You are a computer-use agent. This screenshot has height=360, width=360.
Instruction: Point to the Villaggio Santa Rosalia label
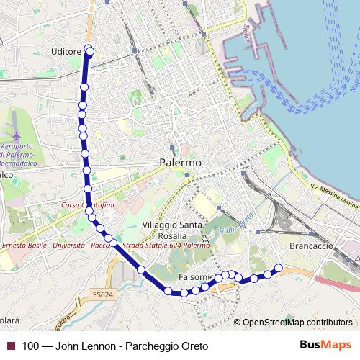[x=173, y=230]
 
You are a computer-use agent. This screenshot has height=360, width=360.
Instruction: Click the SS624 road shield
[x=103, y=294]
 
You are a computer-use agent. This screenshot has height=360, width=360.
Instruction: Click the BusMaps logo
[x=321, y=345]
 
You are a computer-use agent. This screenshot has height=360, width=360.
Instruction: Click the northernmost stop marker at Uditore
[x=89, y=50]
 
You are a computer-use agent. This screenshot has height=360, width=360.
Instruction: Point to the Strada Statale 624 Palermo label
[x=168, y=246]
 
